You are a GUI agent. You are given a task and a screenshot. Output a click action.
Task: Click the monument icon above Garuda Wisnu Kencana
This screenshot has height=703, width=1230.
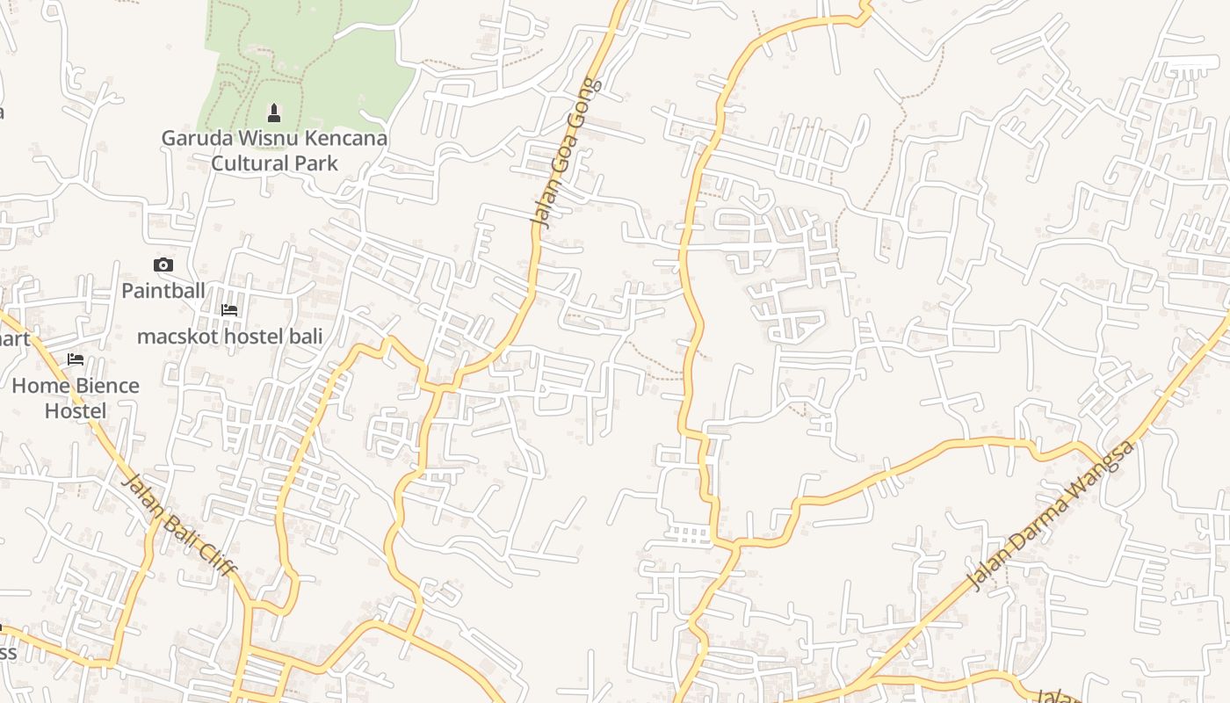[274, 112]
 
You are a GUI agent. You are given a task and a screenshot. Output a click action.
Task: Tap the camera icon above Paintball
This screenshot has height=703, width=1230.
[163, 265]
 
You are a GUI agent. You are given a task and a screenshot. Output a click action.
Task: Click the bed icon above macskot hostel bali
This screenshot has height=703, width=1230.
[229, 309]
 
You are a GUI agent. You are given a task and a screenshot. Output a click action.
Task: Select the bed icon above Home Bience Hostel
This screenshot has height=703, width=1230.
[76, 359]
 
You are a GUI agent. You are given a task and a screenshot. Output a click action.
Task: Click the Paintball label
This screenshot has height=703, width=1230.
[163, 290]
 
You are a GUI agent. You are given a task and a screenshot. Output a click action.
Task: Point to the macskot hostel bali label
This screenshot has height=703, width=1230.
[229, 336]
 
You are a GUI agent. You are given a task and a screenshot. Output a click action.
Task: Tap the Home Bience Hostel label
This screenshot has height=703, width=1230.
[76, 398]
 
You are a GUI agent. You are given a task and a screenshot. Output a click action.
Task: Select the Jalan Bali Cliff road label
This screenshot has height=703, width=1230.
[178, 525]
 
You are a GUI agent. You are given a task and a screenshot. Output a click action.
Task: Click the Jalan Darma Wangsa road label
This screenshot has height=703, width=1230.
[1051, 515]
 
